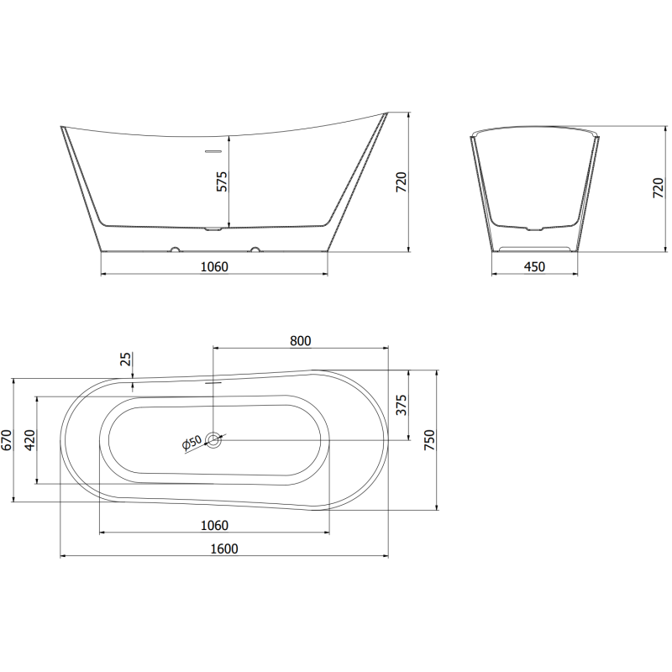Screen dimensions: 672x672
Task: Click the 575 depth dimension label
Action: [x=222, y=181]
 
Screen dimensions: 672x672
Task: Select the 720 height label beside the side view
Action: [x=402, y=182]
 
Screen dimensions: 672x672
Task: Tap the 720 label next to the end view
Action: [x=658, y=188]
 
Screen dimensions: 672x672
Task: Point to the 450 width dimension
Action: [x=534, y=267]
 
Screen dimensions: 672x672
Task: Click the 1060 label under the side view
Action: [x=214, y=267]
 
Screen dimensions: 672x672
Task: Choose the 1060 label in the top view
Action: [x=214, y=526]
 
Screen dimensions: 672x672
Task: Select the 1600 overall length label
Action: [x=224, y=549]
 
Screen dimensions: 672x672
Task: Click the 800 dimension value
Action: [x=300, y=340]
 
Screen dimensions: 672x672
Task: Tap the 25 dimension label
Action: [x=126, y=360]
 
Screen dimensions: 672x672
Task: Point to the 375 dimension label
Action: [x=402, y=405]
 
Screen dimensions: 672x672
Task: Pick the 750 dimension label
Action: [x=429, y=440]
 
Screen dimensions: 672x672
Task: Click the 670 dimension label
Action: [x=7, y=440]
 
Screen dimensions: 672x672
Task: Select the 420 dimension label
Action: [x=30, y=440]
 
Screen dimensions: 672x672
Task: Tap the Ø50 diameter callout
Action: [x=192, y=443]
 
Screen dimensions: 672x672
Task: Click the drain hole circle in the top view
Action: [x=214, y=439]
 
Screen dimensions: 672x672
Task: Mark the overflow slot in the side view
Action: [x=213, y=152]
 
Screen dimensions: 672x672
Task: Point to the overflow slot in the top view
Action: [x=213, y=379]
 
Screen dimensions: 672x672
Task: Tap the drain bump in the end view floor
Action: [x=534, y=228]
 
